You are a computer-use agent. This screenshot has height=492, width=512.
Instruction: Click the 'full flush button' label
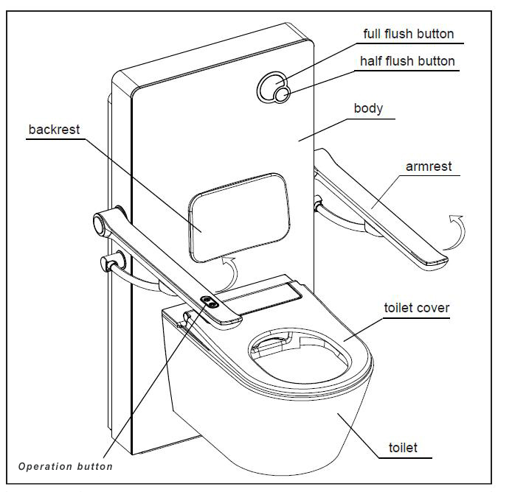(x=409, y=34)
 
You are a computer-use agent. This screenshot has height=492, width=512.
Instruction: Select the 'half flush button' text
(x=407, y=61)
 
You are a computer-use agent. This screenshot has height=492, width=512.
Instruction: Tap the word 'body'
(x=368, y=108)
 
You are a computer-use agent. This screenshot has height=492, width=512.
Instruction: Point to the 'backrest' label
(x=54, y=130)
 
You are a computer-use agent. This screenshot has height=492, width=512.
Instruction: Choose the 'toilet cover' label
(x=416, y=308)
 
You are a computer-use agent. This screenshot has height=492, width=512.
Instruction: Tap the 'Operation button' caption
(x=66, y=466)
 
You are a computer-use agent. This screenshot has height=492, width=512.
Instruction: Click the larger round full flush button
(x=270, y=86)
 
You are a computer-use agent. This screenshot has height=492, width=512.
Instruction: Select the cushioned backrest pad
(x=237, y=214)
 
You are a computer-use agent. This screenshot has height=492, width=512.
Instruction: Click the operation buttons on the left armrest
(x=210, y=301)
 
